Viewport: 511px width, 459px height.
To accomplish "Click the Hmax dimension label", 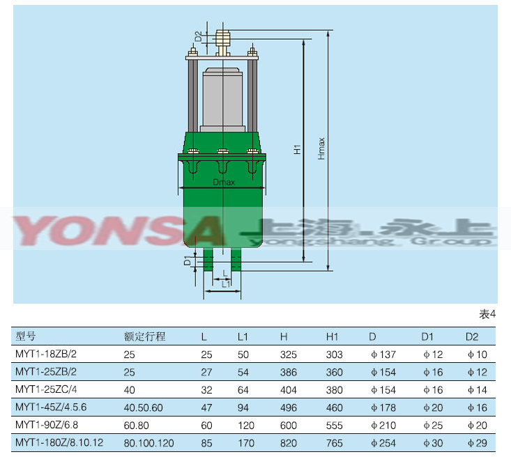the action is point(321,148).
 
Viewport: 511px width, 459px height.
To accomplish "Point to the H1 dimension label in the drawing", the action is point(297,150).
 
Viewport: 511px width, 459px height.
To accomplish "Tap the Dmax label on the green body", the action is point(224,182).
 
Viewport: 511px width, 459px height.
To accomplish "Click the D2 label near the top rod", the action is point(199,36).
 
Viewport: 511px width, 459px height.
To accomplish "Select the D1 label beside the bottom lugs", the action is point(188,260).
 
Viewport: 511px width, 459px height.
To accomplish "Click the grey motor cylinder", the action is point(222,100).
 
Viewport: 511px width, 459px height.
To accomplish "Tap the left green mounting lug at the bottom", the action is point(208,260).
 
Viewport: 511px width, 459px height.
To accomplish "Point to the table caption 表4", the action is point(487,314).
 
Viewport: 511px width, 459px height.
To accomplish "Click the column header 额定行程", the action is point(145,336).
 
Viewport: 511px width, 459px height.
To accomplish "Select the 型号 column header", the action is point(25,336).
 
